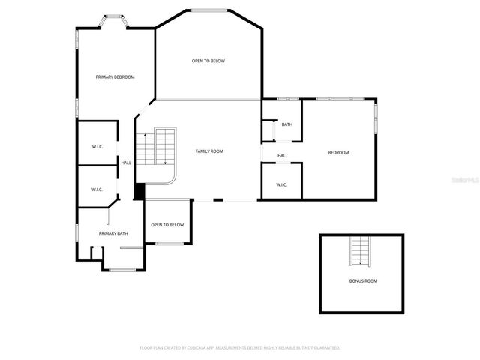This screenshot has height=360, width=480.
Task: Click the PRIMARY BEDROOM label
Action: coord(115,77)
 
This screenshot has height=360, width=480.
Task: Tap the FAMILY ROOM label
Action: coord(209,151)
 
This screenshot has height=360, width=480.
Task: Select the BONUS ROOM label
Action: coord(363,280)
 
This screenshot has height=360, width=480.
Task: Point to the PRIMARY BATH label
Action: coord(113,233)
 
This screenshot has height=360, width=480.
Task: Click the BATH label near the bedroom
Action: coord(287,124)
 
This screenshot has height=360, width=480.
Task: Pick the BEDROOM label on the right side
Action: coord(338,153)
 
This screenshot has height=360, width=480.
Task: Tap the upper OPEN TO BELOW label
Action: coord(208,61)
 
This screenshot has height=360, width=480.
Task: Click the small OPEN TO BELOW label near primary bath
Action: coord(167,225)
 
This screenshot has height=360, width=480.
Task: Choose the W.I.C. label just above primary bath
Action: coord(97,190)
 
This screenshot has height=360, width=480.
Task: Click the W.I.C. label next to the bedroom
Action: coord(281,185)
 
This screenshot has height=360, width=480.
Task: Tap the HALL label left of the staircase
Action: coord(126,163)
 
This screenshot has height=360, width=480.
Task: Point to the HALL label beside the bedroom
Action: coord(283,156)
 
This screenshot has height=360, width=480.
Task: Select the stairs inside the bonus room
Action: coord(360,250)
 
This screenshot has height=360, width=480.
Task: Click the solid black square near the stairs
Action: coord(139,191)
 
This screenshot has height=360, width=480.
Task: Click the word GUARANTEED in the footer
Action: coord(324,348)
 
